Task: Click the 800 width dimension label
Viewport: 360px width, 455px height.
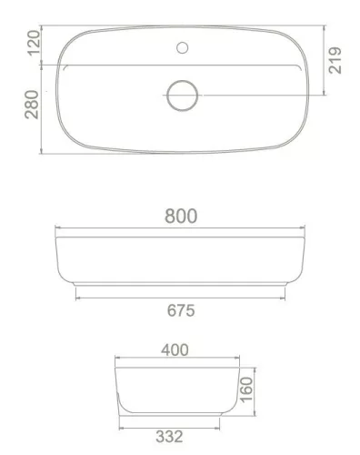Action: (x=181, y=216)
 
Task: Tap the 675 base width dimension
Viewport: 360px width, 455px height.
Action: (x=180, y=310)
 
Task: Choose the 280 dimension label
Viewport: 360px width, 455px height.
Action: (x=35, y=105)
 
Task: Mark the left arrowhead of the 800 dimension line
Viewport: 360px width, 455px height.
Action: (x=58, y=227)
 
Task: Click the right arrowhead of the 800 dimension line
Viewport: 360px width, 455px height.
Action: (x=305, y=227)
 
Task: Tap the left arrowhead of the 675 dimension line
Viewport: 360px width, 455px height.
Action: (x=78, y=298)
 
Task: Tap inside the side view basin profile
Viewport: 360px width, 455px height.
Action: (x=176, y=391)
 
